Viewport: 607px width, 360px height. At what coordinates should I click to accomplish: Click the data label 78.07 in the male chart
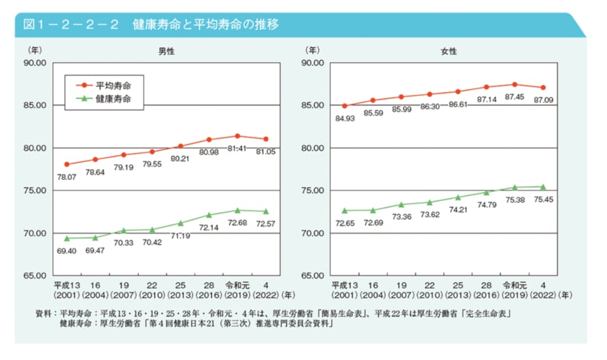pos(67,177)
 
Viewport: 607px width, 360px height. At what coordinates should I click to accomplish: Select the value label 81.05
pos(266,152)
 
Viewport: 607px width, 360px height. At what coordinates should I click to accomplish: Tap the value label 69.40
pos(67,250)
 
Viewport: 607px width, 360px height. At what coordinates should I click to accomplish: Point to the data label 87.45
pos(514,97)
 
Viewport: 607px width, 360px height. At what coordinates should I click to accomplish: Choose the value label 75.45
pos(543,199)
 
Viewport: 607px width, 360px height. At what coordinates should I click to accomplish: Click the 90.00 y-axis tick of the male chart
pos(34,63)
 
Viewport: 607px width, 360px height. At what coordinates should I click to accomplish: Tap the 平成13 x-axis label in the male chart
pos(67,285)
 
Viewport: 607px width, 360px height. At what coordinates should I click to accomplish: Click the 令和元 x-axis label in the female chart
pos(514,285)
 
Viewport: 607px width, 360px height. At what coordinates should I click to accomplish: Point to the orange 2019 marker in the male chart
pos(237,136)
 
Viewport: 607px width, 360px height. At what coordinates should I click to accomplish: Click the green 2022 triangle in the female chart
pos(542,186)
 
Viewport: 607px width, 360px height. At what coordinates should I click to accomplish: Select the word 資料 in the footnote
pos(43,315)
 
